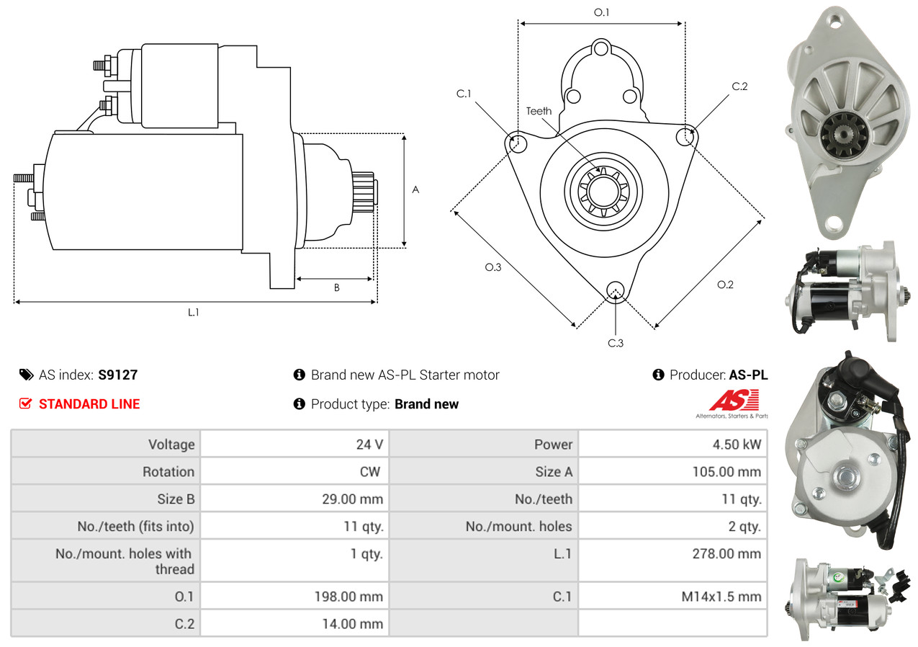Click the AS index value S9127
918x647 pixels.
pos(117,375)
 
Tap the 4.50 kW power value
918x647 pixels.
pos(737,445)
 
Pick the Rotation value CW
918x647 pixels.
pos(369,472)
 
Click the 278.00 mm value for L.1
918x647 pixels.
pos(726,554)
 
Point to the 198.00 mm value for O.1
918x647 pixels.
pos(348,597)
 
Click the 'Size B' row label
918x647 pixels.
pos(176,499)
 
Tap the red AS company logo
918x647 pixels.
pos(734,400)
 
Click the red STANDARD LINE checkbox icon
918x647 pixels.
pos(25,404)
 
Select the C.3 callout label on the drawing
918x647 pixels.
pos(615,343)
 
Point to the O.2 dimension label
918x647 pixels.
pos(725,285)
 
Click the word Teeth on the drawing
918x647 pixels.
pos(539,111)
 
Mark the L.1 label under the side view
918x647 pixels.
pos(194,313)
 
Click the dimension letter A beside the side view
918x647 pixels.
pos(415,189)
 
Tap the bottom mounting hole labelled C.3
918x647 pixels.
pos(615,291)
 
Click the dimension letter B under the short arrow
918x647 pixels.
pos(336,287)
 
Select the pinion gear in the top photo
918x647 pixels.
pos(845,135)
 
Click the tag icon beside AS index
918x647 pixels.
pos(27,375)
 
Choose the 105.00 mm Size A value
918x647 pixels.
pos(726,472)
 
